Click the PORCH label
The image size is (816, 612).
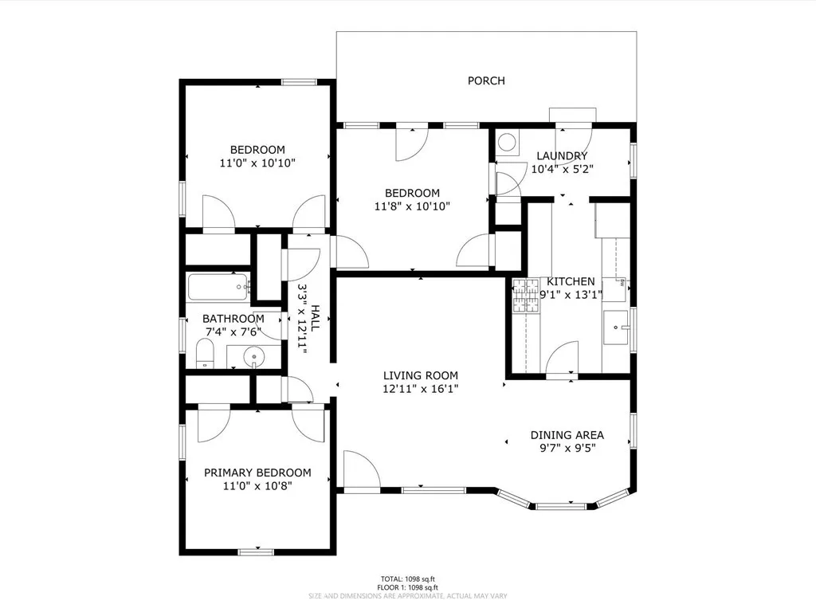coord(485,80)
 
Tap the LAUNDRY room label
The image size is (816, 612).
coord(562,156)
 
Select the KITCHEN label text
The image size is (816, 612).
coord(570,281)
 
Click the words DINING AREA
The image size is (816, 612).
coord(567,435)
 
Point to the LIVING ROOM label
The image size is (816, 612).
coord(420,376)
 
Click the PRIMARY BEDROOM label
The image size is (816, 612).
coord(257,473)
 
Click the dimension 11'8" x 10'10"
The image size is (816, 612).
coord(412,206)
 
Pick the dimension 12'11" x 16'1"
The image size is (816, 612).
coord(420,389)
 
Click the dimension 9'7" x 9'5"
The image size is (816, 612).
coord(567,447)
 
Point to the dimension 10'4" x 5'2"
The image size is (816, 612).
coord(562,168)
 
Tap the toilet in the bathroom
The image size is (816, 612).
coord(204,353)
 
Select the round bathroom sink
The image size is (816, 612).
coord(254,356)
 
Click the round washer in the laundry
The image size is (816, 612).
coord(506,143)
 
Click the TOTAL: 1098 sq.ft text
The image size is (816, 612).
coord(407,579)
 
